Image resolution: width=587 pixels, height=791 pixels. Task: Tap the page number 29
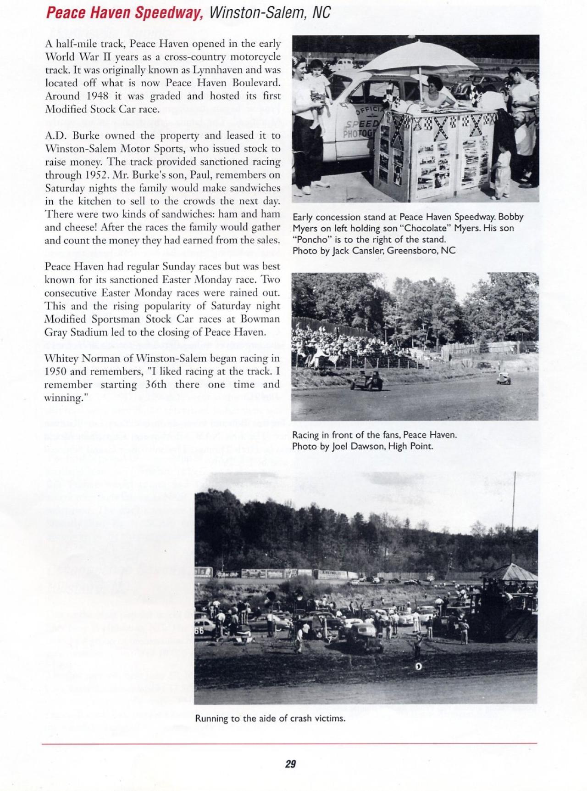pos(290,764)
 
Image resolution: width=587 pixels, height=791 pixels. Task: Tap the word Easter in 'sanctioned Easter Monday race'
pos(177,280)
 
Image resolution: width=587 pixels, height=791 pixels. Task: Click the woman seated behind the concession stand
pos(429,96)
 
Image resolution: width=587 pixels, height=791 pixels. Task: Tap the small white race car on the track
pos(503,378)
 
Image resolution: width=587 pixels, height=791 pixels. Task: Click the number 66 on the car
pos(199,631)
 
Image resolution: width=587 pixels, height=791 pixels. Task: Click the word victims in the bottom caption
pos(329,718)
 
